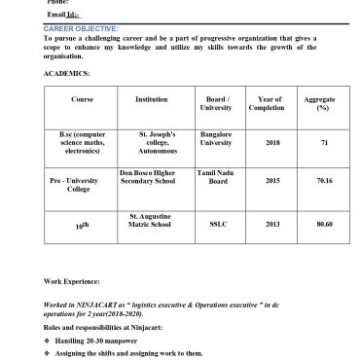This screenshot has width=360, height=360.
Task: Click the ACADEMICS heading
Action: [66, 73]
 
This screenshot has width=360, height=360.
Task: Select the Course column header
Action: [82, 99]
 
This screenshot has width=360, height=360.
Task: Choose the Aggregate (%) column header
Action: [317, 103]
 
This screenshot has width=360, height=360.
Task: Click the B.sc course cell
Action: [82, 142]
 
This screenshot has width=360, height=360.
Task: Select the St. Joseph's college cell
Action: [157, 142]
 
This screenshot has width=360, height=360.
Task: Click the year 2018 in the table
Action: [272, 142]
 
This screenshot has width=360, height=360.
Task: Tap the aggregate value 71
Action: [324, 142]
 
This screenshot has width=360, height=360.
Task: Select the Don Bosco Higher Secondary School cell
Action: [154, 176]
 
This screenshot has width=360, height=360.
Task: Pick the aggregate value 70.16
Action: [324, 180]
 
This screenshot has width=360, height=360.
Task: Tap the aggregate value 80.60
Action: [324, 224]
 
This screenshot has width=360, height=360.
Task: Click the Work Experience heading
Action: [79, 280]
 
